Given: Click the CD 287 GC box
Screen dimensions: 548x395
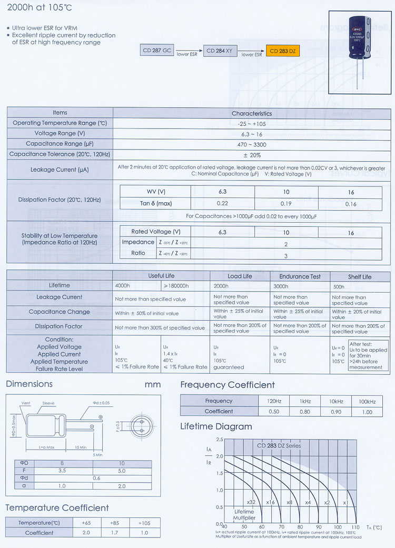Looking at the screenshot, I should pos(157,51).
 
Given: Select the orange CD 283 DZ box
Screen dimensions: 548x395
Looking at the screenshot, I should pos(284,51).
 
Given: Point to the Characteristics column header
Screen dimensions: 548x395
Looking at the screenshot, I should pos(252,113).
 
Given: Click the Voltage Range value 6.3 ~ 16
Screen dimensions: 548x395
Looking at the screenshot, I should pos(252,134).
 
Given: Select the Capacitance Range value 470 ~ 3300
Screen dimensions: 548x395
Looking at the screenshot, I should pos(252,144).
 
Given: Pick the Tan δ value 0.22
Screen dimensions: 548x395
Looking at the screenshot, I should pos(222,204).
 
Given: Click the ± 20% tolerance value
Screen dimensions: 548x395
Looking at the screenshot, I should pos(252,155).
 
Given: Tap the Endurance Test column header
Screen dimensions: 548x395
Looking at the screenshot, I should pos(299,277).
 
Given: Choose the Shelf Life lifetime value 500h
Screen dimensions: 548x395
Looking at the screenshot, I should pos(339,287).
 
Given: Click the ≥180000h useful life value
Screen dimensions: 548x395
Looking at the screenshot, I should pos(176,286).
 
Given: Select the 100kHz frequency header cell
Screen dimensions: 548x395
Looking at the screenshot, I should pos(367,402).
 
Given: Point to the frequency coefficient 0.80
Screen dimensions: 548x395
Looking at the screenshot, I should pos(305,412).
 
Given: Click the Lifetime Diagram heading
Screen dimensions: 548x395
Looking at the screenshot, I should pos(216,426).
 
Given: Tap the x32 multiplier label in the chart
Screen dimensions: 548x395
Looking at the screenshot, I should pos(251,502).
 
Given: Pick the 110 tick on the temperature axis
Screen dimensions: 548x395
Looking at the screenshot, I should pos(355,527).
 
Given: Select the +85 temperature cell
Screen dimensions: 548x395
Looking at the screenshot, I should pos(115,523).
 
